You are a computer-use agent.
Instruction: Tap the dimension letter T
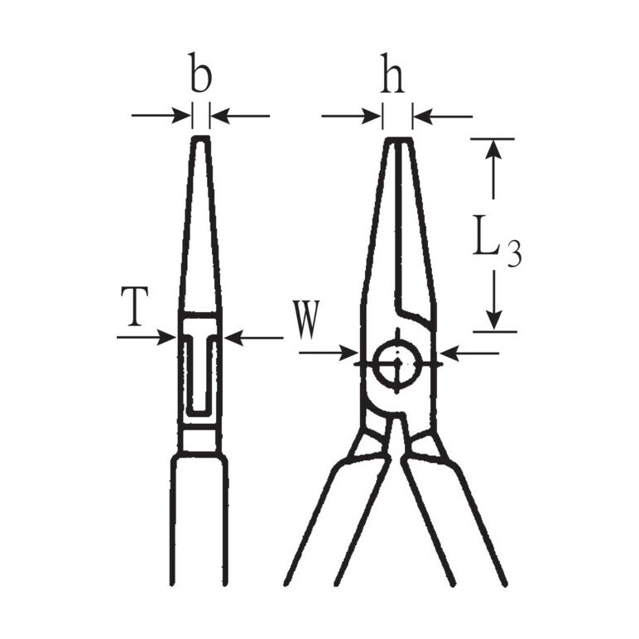(x=134, y=306)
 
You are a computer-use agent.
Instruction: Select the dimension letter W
(x=307, y=320)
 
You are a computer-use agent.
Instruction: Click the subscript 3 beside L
(x=514, y=253)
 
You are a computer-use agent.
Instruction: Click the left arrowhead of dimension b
(x=182, y=115)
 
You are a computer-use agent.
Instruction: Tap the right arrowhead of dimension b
(x=219, y=116)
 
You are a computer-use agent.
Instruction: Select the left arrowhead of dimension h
(x=372, y=116)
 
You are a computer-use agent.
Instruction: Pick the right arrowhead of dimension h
(x=423, y=117)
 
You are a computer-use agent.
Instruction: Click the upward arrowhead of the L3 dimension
(x=493, y=149)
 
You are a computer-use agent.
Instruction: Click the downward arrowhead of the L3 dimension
(x=494, y=320)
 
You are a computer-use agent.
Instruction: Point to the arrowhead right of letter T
(x=166, y=338)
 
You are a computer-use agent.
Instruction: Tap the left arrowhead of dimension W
(x=348, y=353)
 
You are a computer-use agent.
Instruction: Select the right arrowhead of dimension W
(x=450, y=353)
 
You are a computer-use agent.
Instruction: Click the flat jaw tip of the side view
(x=200, y=138)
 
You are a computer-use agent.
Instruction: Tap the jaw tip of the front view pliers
(x=399, y=139)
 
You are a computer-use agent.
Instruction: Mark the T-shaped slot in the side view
(x=199, y=372)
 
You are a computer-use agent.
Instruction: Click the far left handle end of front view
(x=287, y=583)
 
